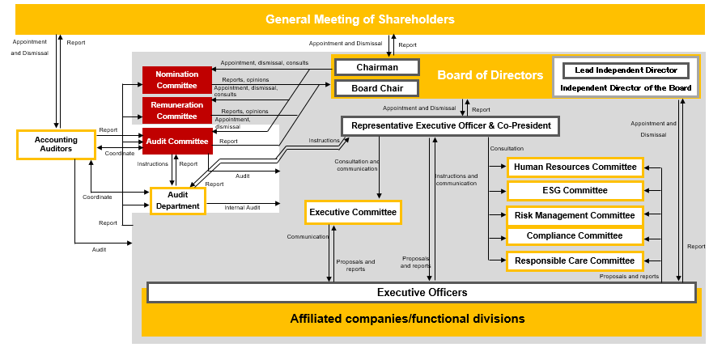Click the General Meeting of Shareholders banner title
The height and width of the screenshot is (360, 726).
tap(360, 19)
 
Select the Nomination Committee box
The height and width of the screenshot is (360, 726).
tap(177, 80)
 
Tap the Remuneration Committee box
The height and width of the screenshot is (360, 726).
tap(177, 111)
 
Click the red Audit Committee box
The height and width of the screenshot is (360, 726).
tap(177, 142)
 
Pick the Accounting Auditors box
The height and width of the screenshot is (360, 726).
tap(56, 145)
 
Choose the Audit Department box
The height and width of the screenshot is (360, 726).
tap(177, 201)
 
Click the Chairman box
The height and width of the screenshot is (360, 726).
tap(376, 67)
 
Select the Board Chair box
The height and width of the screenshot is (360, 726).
tap(376, 87)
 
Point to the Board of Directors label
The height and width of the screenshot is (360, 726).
tap(490, 75)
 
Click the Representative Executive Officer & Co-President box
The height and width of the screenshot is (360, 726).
tap(450, 126)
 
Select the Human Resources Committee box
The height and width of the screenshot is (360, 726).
tap(575, 167)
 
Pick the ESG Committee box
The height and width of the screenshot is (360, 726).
tap(575, 191)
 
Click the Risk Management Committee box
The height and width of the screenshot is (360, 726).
tap(575, 215)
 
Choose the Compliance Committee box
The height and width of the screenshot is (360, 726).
tap(575, 236)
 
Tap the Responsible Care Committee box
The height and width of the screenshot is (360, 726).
tap(575, 260)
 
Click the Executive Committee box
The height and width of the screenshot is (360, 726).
tap(353, 213)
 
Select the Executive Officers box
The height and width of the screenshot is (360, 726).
tap(422, 292)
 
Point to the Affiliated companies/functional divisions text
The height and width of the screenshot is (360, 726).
tap(407, 319)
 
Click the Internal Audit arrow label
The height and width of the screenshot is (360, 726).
tap(242, 208)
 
